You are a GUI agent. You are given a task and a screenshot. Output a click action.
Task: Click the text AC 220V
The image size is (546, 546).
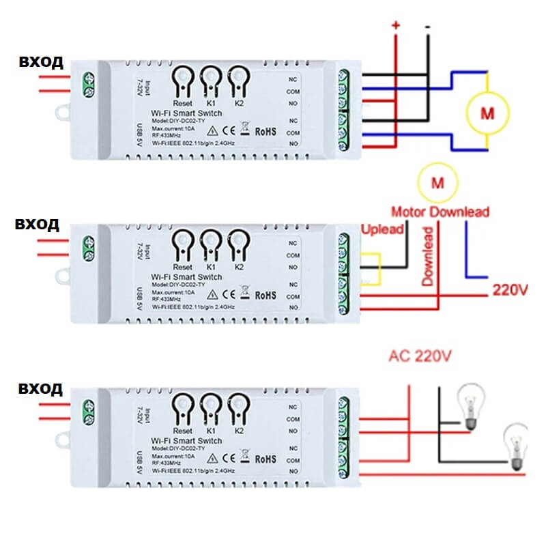(420, 356)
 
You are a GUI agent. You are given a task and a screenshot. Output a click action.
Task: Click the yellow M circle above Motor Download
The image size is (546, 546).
(437, 182)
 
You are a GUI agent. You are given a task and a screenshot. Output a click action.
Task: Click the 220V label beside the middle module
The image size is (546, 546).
(510, 289)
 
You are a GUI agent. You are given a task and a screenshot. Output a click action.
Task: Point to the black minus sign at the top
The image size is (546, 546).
(427, 27)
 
